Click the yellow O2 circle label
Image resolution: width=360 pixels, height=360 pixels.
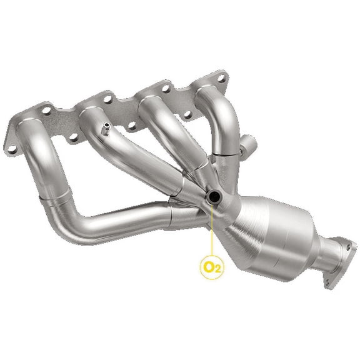coord(211,267)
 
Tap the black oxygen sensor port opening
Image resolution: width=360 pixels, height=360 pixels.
coord(213,198)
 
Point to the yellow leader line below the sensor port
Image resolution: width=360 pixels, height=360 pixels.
coord(212,231)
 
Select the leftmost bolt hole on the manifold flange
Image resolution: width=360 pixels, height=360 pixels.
coord(11,149)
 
